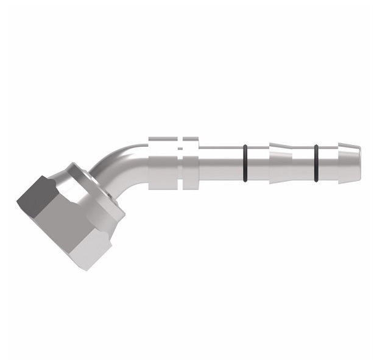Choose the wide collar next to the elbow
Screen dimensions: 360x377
(x=163, y=163)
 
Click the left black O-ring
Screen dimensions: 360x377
(x=244, y=163)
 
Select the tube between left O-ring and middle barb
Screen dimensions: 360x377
(x=256, y=163)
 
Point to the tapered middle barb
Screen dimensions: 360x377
(x=280, y=163)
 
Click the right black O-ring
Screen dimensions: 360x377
(x=316, y=163)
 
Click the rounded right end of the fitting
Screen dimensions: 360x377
(x=359, y=163)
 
